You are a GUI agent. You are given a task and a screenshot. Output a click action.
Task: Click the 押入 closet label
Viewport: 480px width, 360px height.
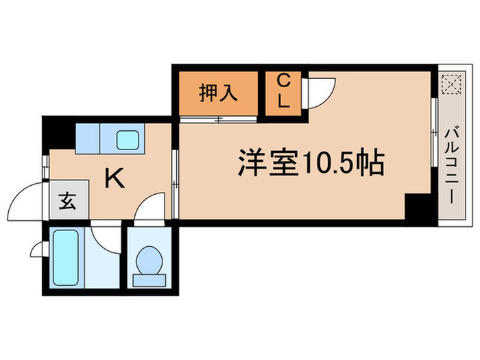pos(219,93)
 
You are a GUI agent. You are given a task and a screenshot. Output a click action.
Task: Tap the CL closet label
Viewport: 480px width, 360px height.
pos(283,93)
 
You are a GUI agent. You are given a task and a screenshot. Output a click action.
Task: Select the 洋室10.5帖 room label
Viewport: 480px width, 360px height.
pos(310,163)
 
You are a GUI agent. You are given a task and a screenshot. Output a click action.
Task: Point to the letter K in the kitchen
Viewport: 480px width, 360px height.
pos(114,180)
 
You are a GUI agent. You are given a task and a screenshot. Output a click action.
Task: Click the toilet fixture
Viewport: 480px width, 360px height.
pos(149,261)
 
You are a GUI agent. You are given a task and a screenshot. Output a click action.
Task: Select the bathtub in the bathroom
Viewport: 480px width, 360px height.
pos(66,258)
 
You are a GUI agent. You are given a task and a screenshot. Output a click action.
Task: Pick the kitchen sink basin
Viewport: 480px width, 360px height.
pos(128,140)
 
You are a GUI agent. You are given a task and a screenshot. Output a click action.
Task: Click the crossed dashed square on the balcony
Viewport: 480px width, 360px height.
pos(451,86)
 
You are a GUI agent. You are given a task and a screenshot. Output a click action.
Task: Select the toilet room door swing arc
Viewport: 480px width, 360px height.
pos(149,207)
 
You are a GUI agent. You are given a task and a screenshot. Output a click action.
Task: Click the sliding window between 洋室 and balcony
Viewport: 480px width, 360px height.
pos(434,137)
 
